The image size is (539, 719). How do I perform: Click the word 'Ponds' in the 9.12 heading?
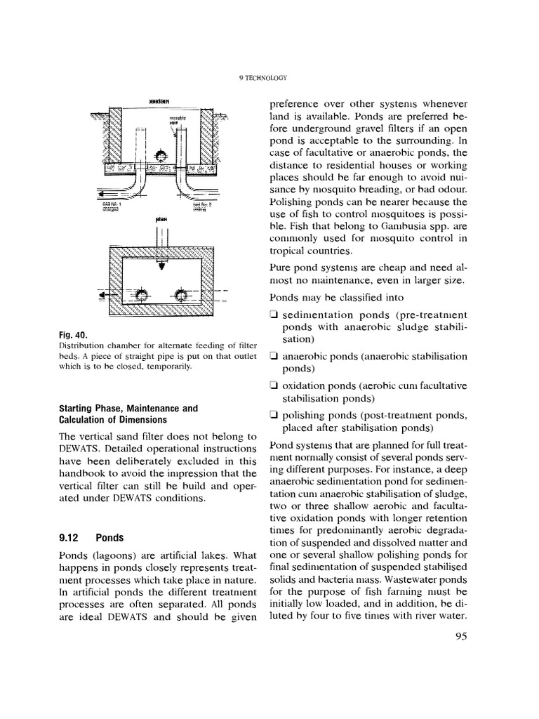(x=109, y=538)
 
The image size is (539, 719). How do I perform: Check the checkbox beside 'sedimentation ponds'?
(x=273, y=314)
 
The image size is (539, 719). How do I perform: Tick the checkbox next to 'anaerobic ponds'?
(x=273, y=356)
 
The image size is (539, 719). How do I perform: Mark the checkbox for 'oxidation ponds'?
(x=273, y=385)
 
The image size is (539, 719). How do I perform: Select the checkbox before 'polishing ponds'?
(x=273, y=415)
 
